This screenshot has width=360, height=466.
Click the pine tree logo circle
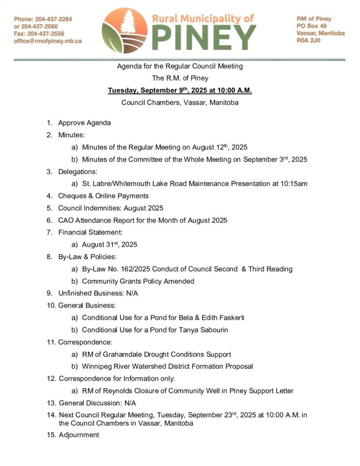pos(124,30)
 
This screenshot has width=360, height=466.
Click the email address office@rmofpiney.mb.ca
pos(48,41)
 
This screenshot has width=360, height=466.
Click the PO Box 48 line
pos(311,26)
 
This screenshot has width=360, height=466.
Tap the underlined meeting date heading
pos(180,90)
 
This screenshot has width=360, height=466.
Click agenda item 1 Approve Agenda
pos(84,123)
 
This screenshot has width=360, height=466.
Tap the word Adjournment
pos(79,435)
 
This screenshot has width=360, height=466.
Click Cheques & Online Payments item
pos(103,196)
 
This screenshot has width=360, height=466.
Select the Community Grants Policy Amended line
pos(138,281)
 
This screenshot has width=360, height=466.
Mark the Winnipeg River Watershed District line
pos(167,366)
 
